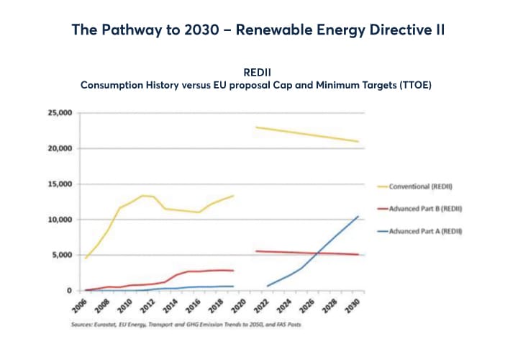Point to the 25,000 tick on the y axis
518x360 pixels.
pyautogui.click(x=60, y=113)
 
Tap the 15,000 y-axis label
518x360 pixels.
pyautogui.click(x=60, y=184)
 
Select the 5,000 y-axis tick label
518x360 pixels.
pyautogui.click(x=63, y=255)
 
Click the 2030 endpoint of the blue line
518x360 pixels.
pyautogui.click(x=358, y=216)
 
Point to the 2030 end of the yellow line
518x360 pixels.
pyautogui.click(x=358, y=142)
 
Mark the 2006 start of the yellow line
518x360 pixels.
pyautogui.click(x=86, y=258)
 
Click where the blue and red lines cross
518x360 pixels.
pyautogui.click(x=317, y=253)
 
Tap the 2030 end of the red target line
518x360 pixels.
pyautogui.click(x=358, y=255)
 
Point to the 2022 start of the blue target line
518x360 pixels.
pyautogui.click(x=267, y=286)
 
